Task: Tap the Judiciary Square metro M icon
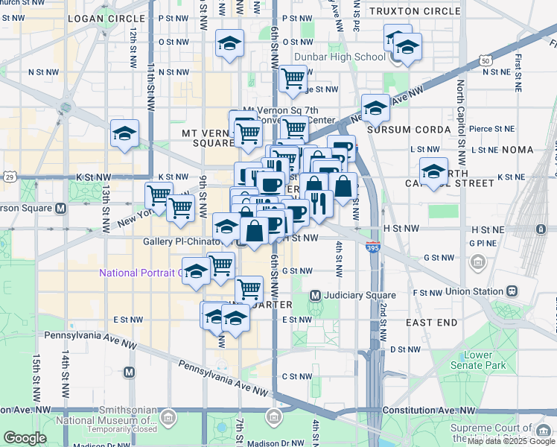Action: click(x=315, y=296)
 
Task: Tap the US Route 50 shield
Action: click(x=485, y=60)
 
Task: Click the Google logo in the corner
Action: click(x=25, y=438)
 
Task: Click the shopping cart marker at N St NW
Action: click(x=293, y=77)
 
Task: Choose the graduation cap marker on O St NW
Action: click(x=229, y=44)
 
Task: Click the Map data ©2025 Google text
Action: click(x=511, y=441)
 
